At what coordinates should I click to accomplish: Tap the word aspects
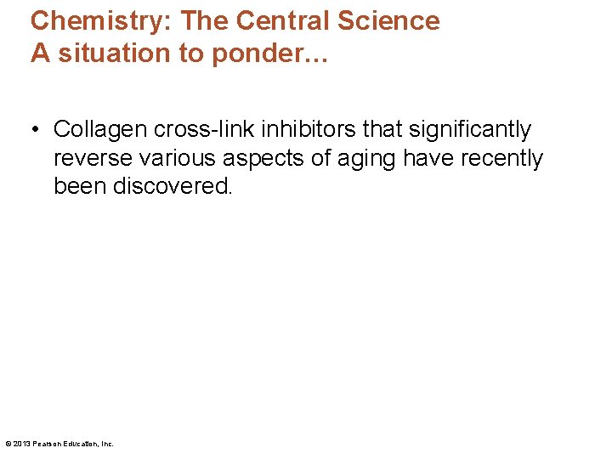point(258,159)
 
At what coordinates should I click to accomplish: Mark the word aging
point(360,159)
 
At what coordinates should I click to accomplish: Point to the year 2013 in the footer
point(22,444)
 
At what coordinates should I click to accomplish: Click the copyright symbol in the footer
point(8,444)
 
